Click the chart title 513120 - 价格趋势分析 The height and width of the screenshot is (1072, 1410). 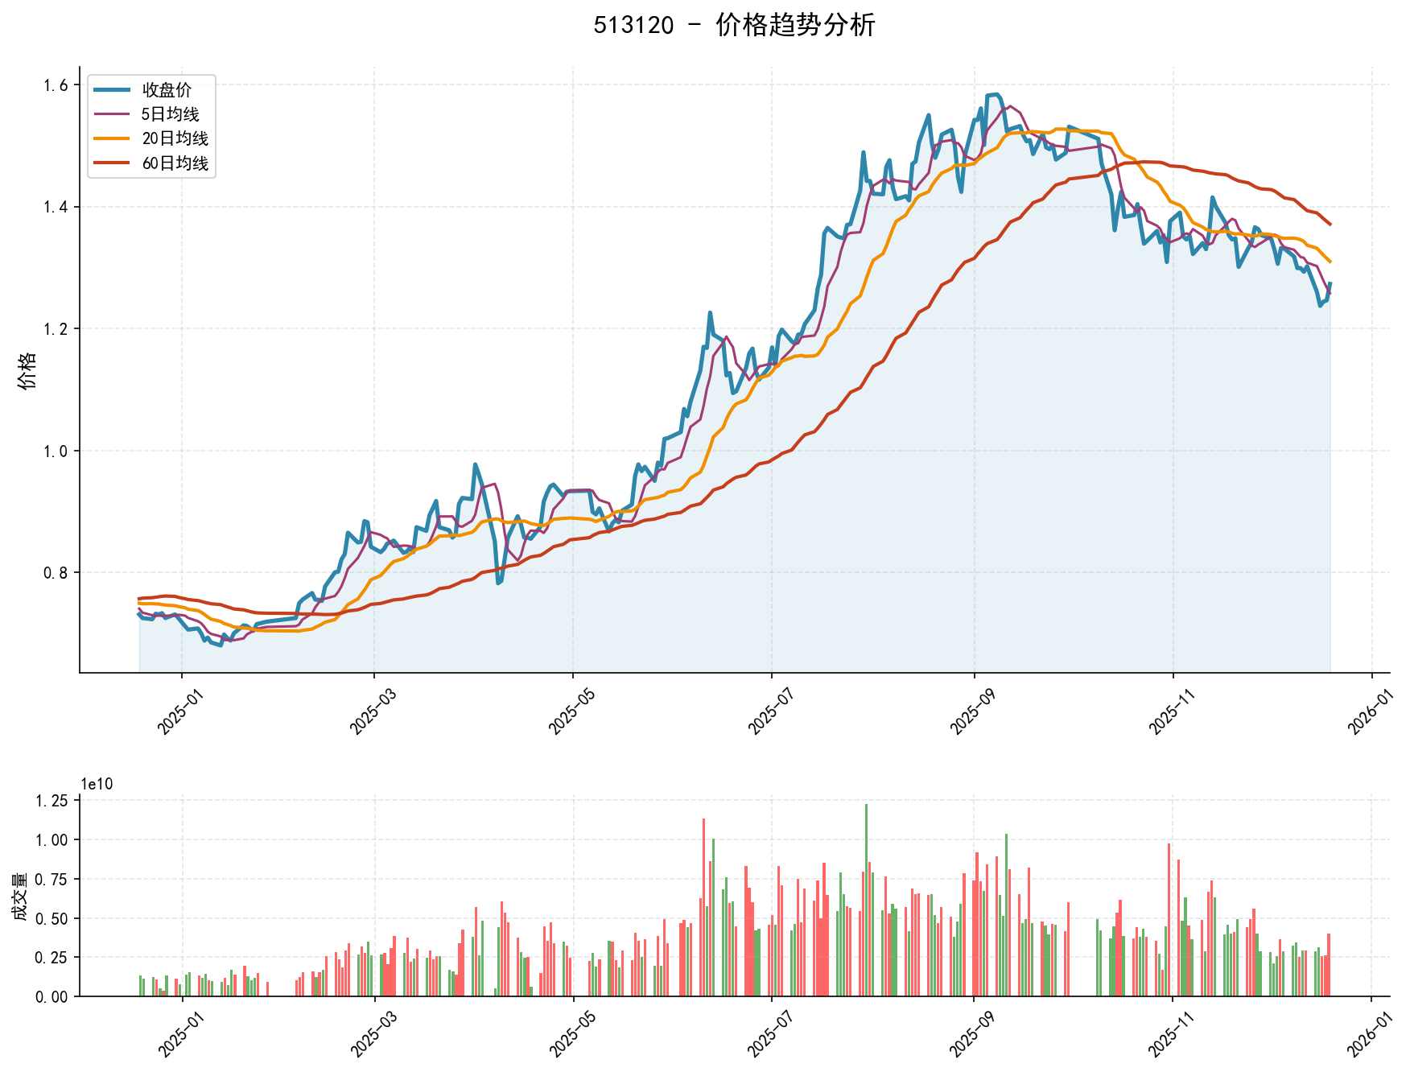(734, 25)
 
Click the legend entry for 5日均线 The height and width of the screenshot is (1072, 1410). (171, 114)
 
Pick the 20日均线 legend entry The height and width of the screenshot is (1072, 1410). (175, 138)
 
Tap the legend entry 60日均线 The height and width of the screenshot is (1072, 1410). (175, 163)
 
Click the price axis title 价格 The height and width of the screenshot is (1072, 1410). (27, 370)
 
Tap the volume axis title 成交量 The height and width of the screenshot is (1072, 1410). (20, 897)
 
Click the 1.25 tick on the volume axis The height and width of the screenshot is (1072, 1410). (51, 801)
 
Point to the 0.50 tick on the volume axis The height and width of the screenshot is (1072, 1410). (51, 918)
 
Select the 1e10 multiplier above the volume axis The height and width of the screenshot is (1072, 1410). (97, 785)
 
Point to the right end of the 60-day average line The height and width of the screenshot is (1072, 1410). (1330, 225)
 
